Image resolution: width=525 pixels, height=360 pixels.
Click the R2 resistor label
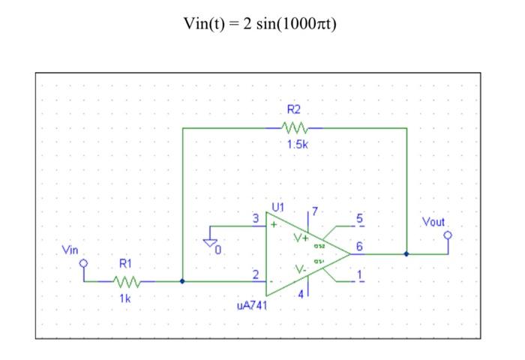point(295,111)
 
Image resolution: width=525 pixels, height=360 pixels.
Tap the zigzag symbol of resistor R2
point(295,128)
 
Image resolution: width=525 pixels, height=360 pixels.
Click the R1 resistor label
point(125,265)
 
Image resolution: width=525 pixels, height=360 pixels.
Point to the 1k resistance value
point(124,298)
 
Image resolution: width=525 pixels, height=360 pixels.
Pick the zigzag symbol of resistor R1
point(125,282)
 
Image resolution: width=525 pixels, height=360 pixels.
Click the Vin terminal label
point(70,249)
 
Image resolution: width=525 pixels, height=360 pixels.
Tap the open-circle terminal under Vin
point(84,264)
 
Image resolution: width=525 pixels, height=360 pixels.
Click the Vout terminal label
point(433,223)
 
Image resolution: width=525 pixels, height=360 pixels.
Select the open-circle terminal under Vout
point(448,235)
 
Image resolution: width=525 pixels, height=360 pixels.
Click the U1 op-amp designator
point(278,206)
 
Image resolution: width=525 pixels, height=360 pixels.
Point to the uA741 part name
point(252,306)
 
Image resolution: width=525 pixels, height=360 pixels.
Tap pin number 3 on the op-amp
point(256,218)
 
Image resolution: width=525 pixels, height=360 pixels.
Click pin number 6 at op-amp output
point(359,246)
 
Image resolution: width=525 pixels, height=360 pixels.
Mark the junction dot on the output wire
point(406,253)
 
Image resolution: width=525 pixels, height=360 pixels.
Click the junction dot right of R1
point(182,282)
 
